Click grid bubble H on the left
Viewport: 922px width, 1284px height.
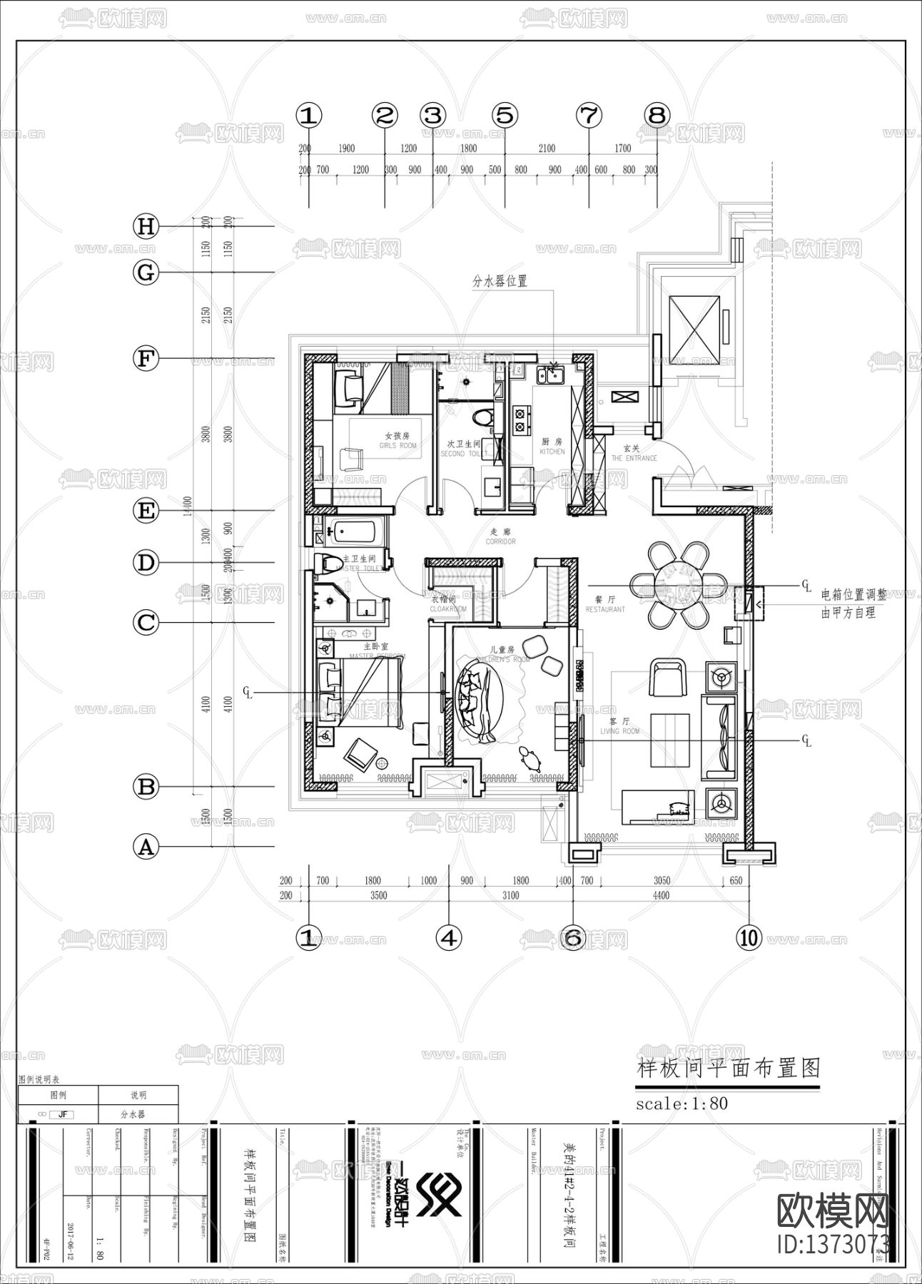146,227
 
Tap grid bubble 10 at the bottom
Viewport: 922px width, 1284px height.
749,937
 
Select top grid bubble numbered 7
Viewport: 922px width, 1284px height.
589,115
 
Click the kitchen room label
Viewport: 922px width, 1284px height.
552,447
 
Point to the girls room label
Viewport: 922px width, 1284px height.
397,440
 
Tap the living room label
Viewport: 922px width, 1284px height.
619,725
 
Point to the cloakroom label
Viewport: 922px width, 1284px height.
447,604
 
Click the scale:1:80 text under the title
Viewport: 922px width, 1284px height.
682,1104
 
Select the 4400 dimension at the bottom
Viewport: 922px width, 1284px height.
661,895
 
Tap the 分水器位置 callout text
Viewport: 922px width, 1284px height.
500,281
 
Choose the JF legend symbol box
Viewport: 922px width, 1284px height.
62,1114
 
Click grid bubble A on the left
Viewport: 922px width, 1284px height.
146,847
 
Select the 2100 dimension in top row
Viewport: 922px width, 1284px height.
546,148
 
